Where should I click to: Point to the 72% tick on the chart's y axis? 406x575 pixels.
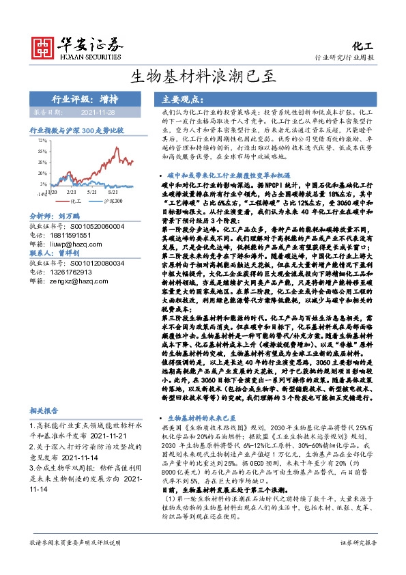tap(42, 140)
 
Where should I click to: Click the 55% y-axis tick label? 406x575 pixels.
tap(42, 151)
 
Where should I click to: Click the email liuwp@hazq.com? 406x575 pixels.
tap(72, 242)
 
